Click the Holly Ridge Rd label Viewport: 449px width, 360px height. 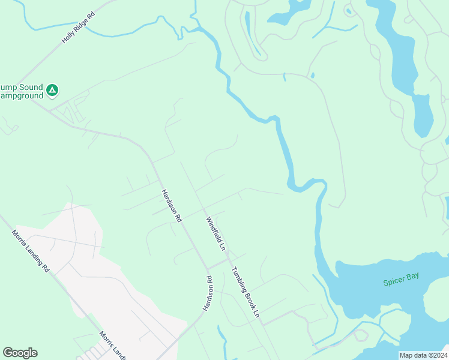pos(79,28)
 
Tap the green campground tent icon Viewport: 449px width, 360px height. pos(52,91)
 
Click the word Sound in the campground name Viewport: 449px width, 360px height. pos(31,88)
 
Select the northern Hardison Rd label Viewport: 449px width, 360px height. pos(171,206)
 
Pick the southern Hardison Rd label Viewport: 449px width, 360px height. pos(208,293)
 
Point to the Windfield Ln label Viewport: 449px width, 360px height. pos(215,233)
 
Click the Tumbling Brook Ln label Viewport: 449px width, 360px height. pos(246,292)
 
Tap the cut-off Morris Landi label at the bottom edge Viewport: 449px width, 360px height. pos(113,344)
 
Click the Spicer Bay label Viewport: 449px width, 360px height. pos(401,279)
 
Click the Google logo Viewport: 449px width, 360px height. pos(20,352)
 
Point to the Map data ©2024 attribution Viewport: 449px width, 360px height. pos(423,355)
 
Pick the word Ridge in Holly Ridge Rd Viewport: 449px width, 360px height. pos(80,26)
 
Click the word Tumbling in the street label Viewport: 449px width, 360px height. pos(239,280)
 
